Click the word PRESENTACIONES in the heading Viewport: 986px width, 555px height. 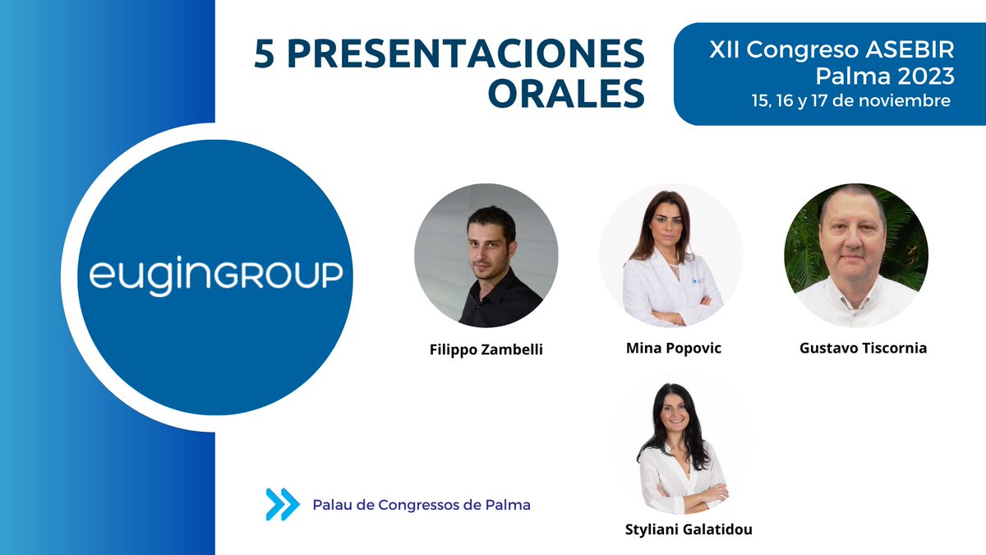tap(468, 54)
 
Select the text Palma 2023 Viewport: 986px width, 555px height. tap(884, 76)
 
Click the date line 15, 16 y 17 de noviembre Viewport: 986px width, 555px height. tap(850, 100)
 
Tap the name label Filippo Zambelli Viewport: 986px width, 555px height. tap(486, 349)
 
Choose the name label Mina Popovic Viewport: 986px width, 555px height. tap(673, 348)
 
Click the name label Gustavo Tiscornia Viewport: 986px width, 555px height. tap(863, 348)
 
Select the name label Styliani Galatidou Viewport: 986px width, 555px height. tap(689, 530)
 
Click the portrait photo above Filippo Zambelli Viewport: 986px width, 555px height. tap(486, 255)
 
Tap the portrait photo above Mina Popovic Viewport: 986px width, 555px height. tap(671, 255)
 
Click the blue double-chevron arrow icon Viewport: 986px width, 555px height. tap(282, 504)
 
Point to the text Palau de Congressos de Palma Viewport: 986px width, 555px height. tap(422, 505)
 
